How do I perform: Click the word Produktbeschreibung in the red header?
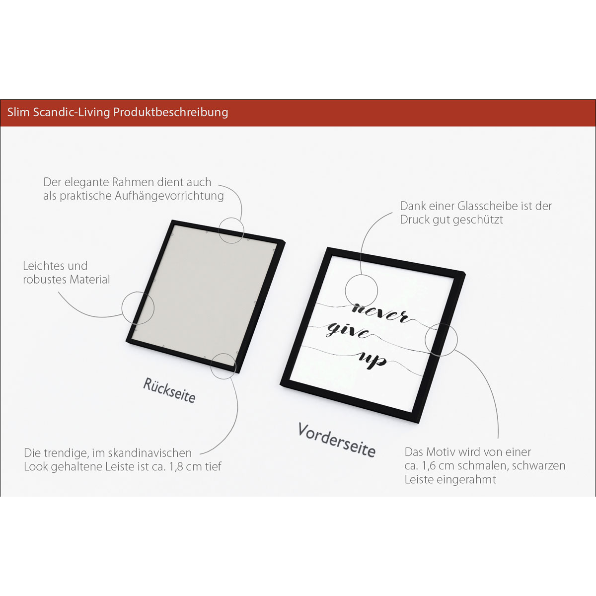tap(170, 112)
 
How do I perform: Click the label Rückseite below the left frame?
tap(169, 390)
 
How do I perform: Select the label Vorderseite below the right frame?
tap(337, 440)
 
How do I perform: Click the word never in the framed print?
tap(380, 313)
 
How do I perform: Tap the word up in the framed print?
tap(372, 360)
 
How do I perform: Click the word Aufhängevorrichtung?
tap(169, 196)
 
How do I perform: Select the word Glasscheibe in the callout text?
tap(488, 206)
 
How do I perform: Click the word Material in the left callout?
tap(90, 280)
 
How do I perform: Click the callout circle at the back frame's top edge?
tap(231, 217)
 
